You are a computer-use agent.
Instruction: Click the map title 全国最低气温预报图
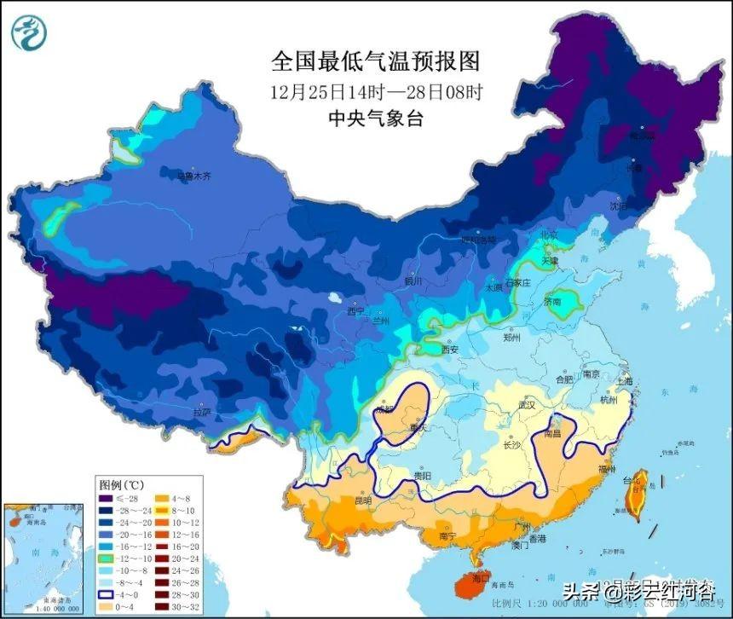pos(376,61)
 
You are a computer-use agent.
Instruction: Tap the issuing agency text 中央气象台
pos(376,119)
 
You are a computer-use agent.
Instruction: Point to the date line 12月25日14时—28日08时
pos(376,91)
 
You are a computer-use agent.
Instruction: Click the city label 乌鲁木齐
pos(193,176)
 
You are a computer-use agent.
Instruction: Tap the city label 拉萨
pos(202,412)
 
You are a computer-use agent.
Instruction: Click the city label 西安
pos(449,350)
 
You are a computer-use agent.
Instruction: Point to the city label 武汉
pos(528,405)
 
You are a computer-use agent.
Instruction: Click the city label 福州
pos(631,469)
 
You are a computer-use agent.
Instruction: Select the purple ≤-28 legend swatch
pos(105,499)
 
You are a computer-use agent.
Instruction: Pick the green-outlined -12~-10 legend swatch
pos(105,559)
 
